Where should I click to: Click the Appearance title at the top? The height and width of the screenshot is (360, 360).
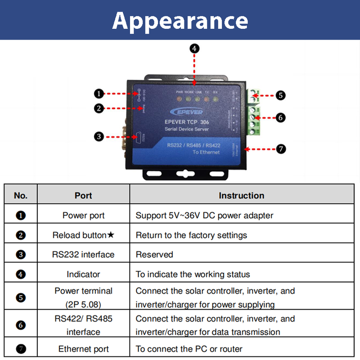point(180,20)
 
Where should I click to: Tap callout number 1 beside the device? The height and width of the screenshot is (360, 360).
point(99,94)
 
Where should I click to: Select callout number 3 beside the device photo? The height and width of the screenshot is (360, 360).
point(99,136)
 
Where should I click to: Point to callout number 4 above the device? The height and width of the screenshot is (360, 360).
point(194,48)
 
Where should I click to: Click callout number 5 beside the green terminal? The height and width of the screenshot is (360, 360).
point(280,95)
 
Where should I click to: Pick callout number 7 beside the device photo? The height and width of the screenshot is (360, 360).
point(281,149)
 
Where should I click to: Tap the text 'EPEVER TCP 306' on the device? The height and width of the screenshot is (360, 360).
point(186,122)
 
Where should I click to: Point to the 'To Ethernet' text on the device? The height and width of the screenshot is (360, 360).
point(206,152)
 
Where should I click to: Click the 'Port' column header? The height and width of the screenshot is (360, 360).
point(83,195)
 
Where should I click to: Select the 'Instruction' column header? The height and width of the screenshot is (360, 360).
point(241,195)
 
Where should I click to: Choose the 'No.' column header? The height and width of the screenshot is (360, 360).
point(21,195)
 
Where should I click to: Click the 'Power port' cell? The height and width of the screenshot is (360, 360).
point(83,215)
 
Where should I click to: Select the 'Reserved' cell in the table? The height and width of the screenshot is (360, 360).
point(154,254)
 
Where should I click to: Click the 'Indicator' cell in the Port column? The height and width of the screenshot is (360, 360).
point(83,274)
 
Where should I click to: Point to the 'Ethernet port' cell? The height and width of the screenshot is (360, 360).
point(83,349)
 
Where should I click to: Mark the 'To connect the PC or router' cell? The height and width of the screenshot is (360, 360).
point(189,349)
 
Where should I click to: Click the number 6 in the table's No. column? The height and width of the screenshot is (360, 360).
point(21,325)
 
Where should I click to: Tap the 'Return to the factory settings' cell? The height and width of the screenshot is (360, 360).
point(191,235)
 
